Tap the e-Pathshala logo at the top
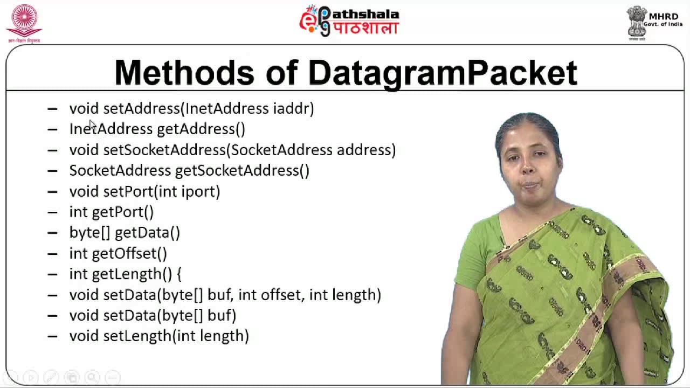pos(349,21)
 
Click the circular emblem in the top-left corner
pos(24,20)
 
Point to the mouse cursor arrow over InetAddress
pos(92,125)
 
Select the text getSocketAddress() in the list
pos(242,171)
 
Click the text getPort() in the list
pos(123,212)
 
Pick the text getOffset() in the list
pos(129,253)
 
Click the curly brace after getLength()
pos(178,274)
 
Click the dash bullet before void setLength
pos(52,336)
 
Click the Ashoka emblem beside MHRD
pos(637,20)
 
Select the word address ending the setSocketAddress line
pos(366,150)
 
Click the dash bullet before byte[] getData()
pos(52,233)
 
